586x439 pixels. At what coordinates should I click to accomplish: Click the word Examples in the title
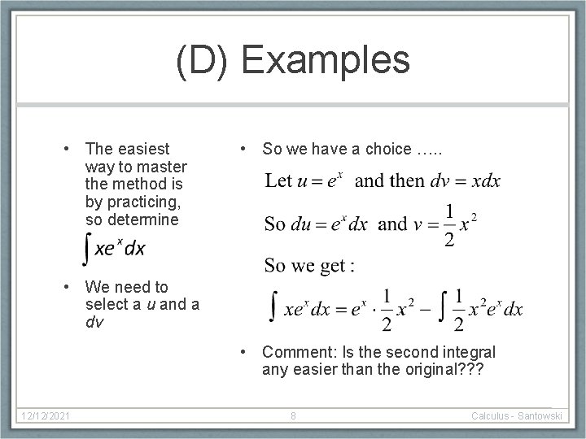(x=326, y=62)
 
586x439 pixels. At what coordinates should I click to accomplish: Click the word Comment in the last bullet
(x=295, y=352)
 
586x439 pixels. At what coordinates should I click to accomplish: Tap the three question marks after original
(x=469, y=370)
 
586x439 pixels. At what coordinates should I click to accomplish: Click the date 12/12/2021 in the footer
(x=46, y=416)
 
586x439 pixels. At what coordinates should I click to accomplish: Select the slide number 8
(x=293, y=416)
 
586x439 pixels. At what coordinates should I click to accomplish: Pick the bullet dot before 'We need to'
(x=72, y=287)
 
